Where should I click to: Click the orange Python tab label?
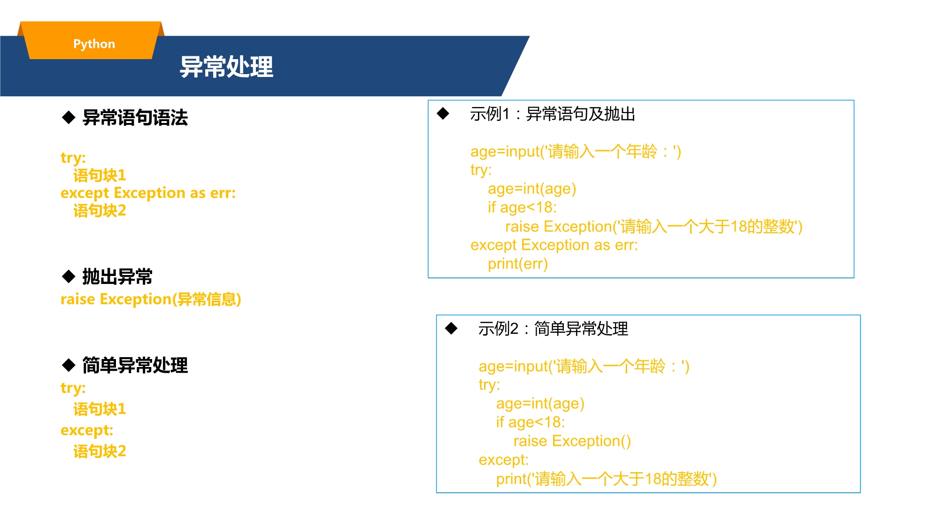[94, 44]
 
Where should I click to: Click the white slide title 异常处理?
[226, 67]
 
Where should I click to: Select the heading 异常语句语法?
[135, 117]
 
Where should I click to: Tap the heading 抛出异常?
[117, 276]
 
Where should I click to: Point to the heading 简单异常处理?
[135, 365]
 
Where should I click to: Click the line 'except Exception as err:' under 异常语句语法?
[148, 193]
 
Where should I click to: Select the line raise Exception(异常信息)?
[151, 299]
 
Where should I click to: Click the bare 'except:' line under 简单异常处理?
[87, 430]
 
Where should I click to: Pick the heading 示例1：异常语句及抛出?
[553, 114]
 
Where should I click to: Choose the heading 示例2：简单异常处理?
[553, 329]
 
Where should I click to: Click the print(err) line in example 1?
[518, 264]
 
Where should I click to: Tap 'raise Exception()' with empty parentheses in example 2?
[572, 441]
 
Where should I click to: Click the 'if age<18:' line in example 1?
[522, 207]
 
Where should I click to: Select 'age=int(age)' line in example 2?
[540, 404]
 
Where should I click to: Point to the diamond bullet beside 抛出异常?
[69, 276]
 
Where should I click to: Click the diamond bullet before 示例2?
[451, 328]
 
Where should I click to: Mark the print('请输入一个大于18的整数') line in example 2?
[607, 479]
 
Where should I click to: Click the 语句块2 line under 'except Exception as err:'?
[100, 211]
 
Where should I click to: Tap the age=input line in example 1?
[576, 152]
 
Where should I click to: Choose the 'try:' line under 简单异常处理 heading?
[73, 388]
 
